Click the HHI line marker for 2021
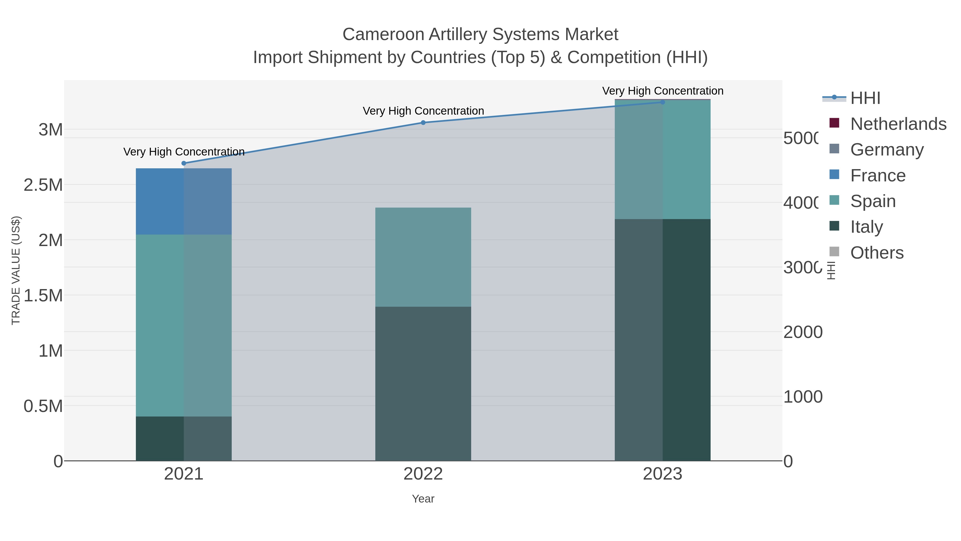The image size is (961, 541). click(x=184, y=163)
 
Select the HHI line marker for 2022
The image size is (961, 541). click(x=423, y=122)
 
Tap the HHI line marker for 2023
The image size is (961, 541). click(x=663, y=102)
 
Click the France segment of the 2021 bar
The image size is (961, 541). click(x=184, y=202)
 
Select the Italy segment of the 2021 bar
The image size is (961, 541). click(x=184, y=438)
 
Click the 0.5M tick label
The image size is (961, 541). click(x=43, y=406)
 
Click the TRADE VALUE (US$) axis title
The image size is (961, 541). click(x=16, y=270)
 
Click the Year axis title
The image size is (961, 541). click(x=423, y=499)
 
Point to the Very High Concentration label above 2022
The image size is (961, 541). click(x=423, y=111)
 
